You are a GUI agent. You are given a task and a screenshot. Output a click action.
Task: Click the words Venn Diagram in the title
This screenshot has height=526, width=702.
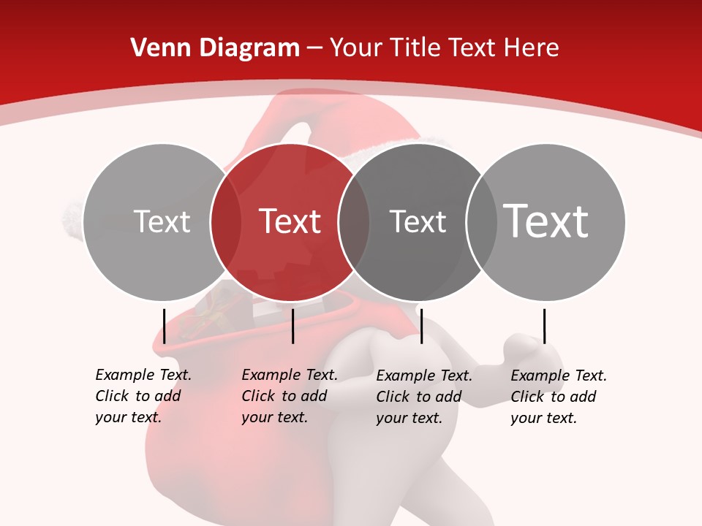pyautogui.click(x=215, y=47)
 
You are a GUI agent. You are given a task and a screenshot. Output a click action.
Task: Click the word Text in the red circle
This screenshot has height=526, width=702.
pyautogui.click(x=290, y=221)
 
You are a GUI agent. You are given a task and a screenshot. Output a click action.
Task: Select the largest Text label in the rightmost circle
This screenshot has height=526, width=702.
pyautogui.click(x=546, y=221)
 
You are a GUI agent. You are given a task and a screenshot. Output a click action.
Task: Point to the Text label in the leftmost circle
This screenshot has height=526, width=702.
pyautogui.click(x=162, y=221)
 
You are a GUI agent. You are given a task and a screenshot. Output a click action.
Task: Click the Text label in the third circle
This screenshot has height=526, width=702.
pyautogui.click(x=418, y=221)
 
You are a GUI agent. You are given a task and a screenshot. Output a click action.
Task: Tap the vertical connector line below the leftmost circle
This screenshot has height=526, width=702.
pyautogui.click(x=164, y=326)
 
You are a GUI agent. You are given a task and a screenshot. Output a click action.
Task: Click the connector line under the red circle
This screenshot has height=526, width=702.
pyautogui.click(x=292, y=326)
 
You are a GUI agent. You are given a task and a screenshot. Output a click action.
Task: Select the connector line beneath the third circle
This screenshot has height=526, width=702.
pyautogui.click(x=421, y=326)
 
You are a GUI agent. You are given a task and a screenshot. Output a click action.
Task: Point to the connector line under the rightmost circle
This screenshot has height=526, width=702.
pyautogui.click(x=544, y=326)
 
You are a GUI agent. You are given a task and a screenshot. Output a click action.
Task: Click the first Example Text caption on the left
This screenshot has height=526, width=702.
pyautogui.click(x=143, y=396)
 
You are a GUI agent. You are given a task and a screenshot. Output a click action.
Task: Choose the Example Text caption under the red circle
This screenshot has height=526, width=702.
pyautogui.click(x=289, y=396)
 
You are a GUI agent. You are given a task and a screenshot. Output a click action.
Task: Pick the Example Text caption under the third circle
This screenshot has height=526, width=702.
pyautogui.click(x=423, y=397)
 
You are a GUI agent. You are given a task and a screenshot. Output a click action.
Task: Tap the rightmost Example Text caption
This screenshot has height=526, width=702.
pyautogui.click(x=558, y=397)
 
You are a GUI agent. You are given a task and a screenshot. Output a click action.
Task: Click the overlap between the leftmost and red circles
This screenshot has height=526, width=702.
pyautogui.click(x=226, y=222)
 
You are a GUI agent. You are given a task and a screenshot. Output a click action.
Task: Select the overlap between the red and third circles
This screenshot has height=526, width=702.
pyautogui.click(x=354, y=222)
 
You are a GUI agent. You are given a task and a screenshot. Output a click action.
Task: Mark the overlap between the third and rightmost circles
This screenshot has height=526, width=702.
pyautogui.click(x=482, y=222)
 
